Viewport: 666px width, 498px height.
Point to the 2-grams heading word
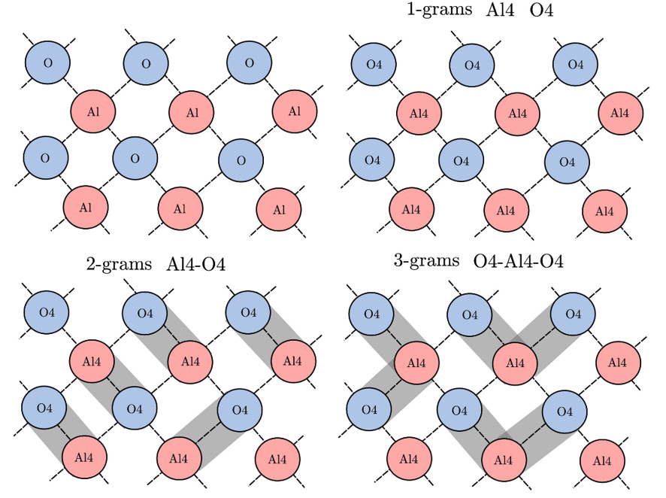[120, 265]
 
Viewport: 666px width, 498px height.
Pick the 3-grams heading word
[426, 261]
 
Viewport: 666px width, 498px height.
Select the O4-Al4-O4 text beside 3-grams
[519, 262]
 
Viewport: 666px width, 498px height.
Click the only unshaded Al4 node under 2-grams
[277, 457]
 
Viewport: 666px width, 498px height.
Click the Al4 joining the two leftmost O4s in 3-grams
[413, 362]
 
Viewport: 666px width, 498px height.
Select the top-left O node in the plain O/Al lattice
[48, 62]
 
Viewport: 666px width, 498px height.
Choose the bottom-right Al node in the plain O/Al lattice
[280, 209]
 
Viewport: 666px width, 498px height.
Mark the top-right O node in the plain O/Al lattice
[250, 62]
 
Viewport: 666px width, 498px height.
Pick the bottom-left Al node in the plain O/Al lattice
[86, 206]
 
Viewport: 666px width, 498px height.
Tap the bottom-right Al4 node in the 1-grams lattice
[605, 211]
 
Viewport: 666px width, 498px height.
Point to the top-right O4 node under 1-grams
[576, 64]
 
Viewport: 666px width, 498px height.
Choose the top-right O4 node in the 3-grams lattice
[574, 313]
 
